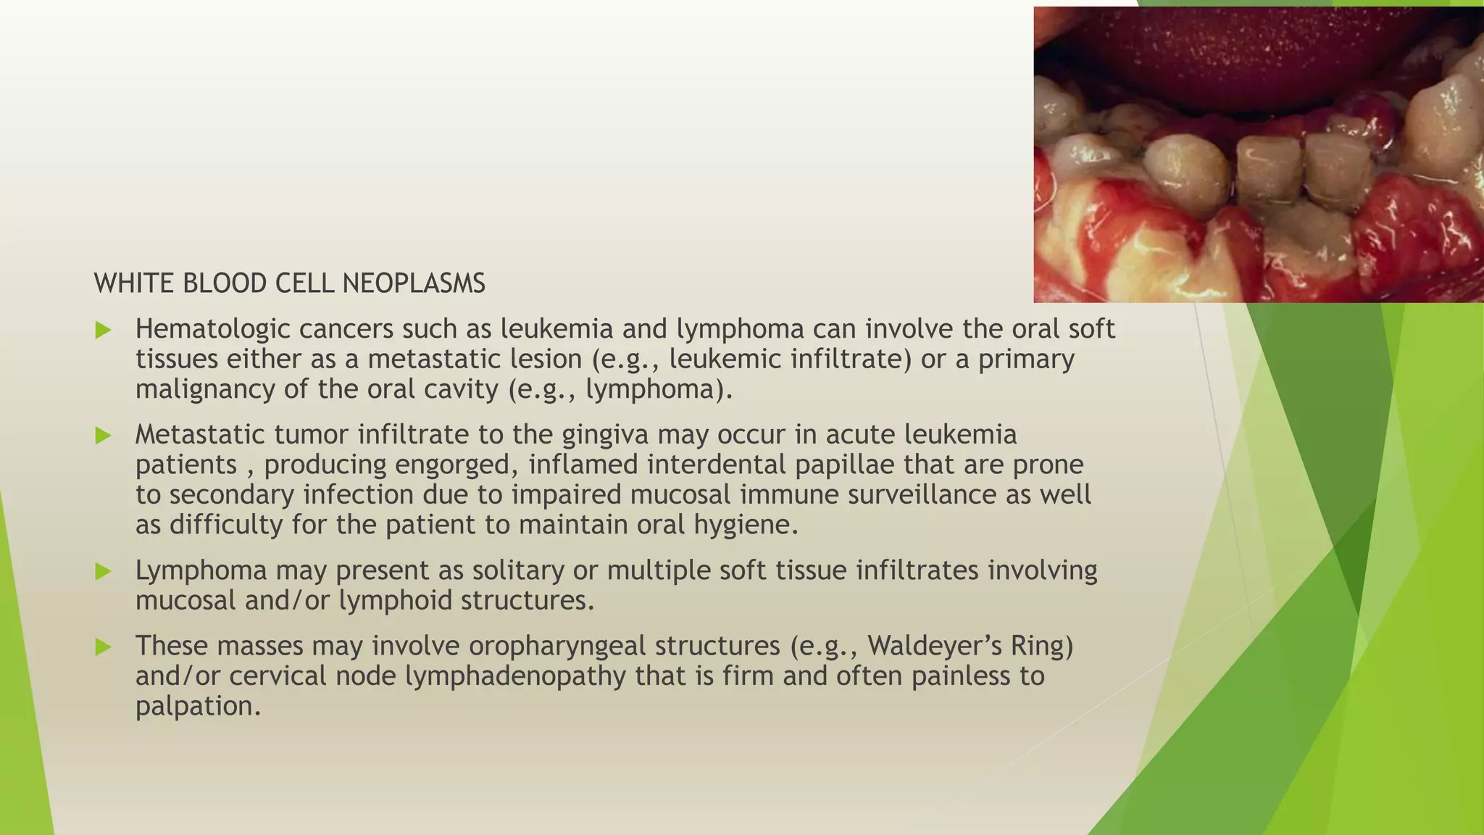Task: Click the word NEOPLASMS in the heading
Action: coord(414,283)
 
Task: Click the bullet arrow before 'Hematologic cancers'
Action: coord(103,331)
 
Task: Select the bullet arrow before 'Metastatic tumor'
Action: coord(103,436)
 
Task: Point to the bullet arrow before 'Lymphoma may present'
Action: coord(103,571)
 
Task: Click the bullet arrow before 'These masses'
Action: coord(103,647)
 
